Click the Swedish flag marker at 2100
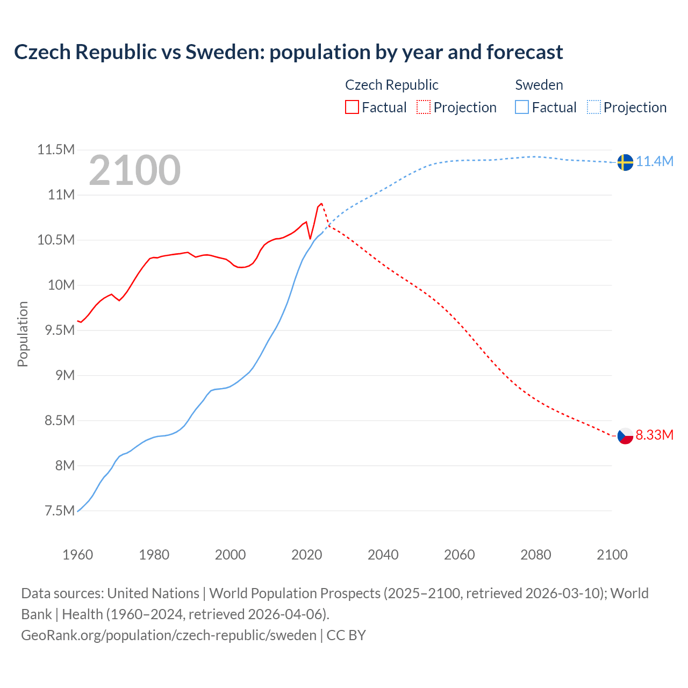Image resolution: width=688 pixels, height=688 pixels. pyautogui.click(x=625, y=162)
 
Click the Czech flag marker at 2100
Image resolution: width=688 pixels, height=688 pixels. pyautogui.click(x=625, y=435)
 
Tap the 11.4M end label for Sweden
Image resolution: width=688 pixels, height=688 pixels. pyautogui.click(x=655, y=161)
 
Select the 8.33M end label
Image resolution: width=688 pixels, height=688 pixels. pyautogui.click(x=655, y=435)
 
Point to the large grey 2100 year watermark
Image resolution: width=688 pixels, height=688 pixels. pyautogui.click(x=134, y=170)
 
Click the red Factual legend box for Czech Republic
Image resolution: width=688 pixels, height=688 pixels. pyautogui.click(x=352, y=107)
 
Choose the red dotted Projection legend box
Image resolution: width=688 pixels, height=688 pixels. pyautogui.click(x=424, y=107)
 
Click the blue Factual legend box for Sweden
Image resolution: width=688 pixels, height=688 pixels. pyautogui.click(x=522, y=107)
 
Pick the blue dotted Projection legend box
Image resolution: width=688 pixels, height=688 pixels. pyautogui.click(x=593, y=107)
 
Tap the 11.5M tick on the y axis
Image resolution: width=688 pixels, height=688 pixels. pyautogui.click(x=55, y=149)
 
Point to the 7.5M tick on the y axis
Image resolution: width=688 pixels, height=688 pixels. pyautogui.click(x=59, y=511)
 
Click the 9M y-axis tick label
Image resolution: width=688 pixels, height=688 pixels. pyautogui.click(x=65, y=375)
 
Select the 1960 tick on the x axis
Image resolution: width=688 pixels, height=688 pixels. pyautogui.click(x=78, y=555)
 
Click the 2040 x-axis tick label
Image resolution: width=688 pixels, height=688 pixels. pyautogui.click(x=383, y=555)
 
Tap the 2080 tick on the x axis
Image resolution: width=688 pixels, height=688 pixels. pyautogui.click(x=535, y=555)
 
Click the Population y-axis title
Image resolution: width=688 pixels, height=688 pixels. pyautogui.click(x=23, y=334)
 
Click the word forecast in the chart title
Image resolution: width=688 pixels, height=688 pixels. pyautogui.click(x=525, y=52)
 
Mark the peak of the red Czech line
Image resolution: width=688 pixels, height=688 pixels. pyautogui.click(x=321, y=204)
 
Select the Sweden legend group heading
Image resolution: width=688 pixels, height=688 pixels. pyautogui.click(x=539, y=85)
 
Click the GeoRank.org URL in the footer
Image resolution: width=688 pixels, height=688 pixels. pyautogui.click(x=168, y=635)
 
